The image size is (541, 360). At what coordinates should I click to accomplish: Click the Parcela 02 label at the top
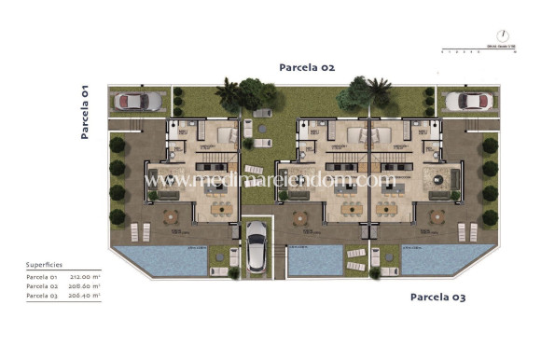(307, 67)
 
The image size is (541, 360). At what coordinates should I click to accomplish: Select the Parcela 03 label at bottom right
(438, 298)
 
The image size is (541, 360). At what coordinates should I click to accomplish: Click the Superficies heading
(45, 265)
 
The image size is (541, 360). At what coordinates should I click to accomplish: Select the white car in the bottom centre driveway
(256, 249)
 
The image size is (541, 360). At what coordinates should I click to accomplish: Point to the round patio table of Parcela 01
(171, 216)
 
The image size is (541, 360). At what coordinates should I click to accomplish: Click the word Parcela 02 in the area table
(42, 286)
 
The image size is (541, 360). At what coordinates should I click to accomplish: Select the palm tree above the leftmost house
(227, 91)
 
